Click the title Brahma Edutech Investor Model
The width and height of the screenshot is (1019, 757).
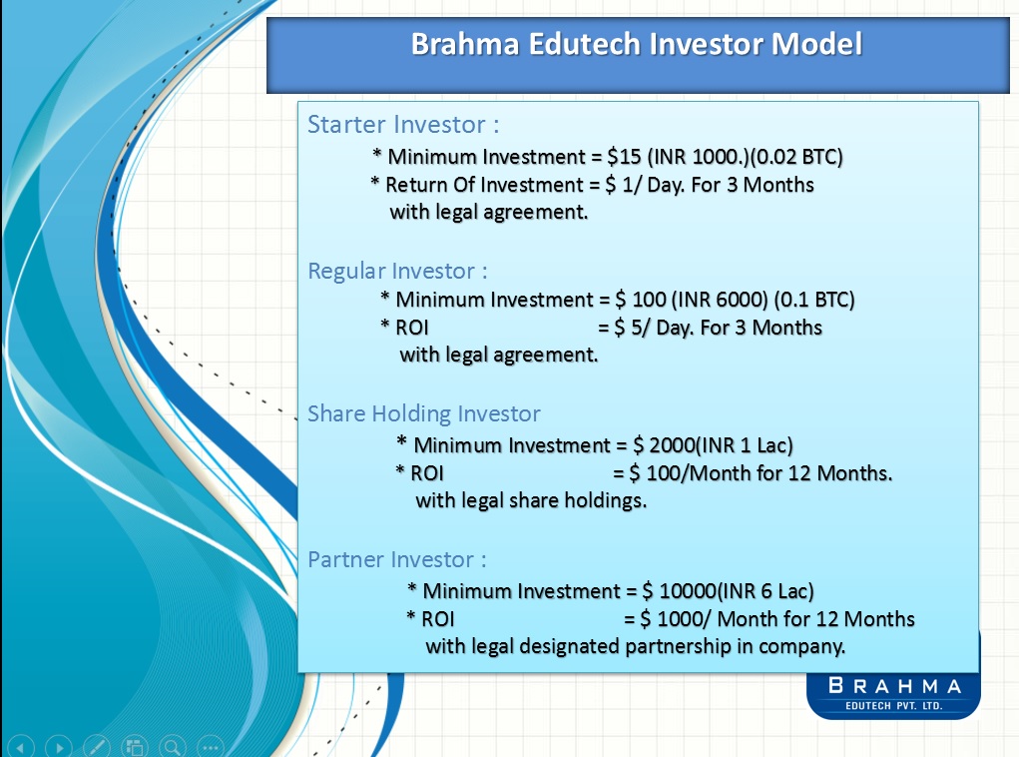[x=636, y=46]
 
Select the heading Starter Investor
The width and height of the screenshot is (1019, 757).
[x=402, y=125]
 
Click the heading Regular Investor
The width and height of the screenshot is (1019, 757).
[x=397, y=271]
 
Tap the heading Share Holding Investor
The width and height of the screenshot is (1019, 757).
[x=424, y=413]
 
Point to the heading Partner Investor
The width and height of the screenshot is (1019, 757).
[x=397, y=559]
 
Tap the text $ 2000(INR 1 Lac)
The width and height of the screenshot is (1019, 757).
[x=712, y=444]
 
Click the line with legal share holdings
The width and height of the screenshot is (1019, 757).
[x=531, y=500]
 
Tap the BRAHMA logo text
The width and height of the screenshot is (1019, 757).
[x=894, y=686]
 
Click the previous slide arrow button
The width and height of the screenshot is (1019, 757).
[x=23, y=746]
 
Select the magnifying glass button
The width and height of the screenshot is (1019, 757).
[x=173, y=746]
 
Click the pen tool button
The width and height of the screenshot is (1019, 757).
[x=97, y=746]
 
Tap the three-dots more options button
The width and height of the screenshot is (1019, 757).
[x=210, y=746]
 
